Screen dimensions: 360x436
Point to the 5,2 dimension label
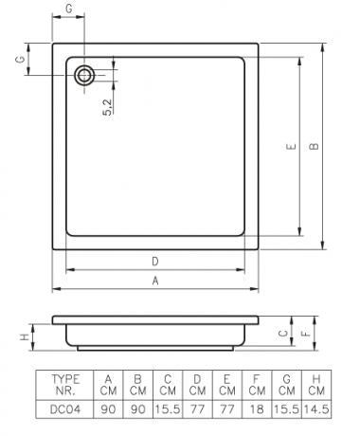pyautogui.click(x=108, y=107)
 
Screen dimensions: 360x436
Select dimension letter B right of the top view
pyautogui.click(x=314, y=146)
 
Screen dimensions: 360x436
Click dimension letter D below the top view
pyautogui.click(x=155, y=262)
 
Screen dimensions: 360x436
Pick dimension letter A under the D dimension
pyautogui.click(x=155, y=281)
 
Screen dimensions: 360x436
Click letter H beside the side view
pyautogui.click(x=25, y=337)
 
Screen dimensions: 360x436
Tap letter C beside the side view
pyautogui.click(x=283, y=334)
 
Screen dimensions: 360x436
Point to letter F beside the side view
pyautogui.click(x=306, y=334)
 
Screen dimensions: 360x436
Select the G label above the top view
pyautogui.click(x=68, y=9)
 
